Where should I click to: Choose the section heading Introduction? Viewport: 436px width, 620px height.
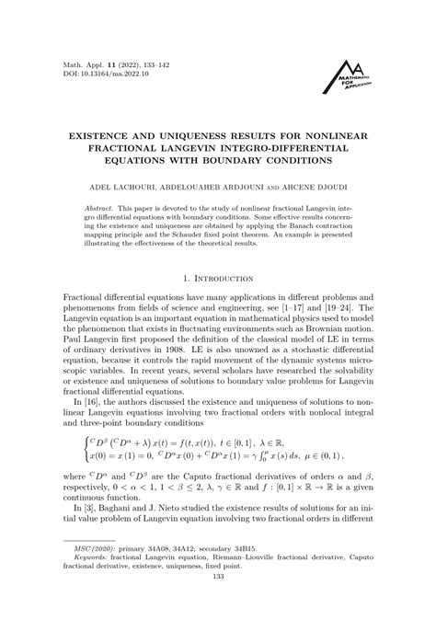pyautogui.click(x=225, y=274)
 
